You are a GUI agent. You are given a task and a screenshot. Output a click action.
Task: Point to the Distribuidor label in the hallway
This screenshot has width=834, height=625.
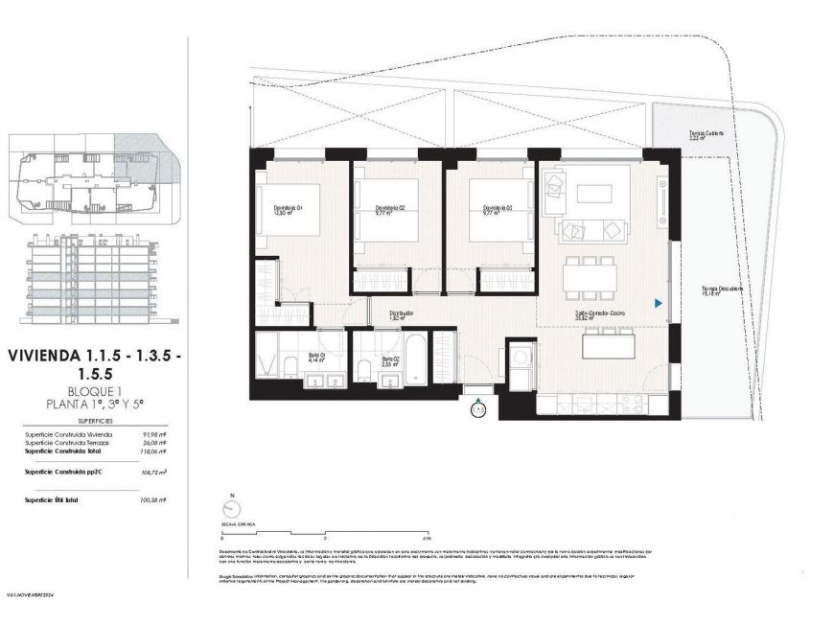point(401,313)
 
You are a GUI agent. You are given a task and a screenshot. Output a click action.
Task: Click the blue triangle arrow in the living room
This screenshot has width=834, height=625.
point(658,303)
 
